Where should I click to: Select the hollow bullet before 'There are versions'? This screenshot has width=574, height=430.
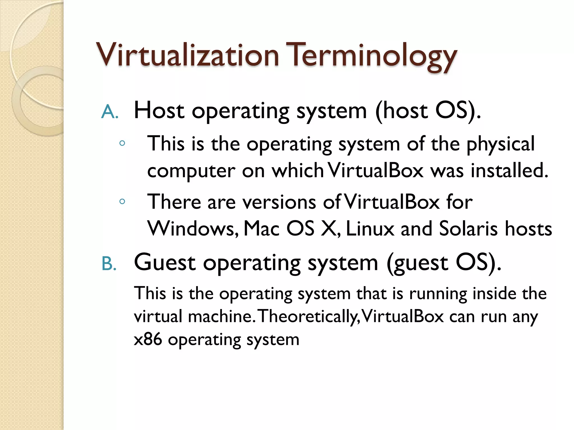click(122, 201)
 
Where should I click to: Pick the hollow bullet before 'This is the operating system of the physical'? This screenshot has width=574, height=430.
click(122, 143)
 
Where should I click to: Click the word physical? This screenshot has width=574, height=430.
click(501, 144)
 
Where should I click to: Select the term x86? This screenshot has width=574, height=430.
click(148, 339)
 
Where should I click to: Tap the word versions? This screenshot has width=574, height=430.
click(279, 202)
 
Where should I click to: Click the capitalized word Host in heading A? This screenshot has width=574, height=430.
click(159, 111)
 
